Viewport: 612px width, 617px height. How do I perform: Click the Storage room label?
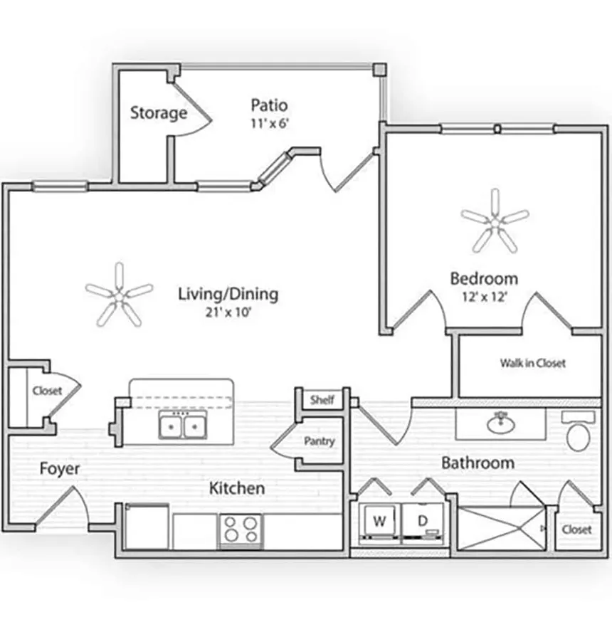click(158, 112)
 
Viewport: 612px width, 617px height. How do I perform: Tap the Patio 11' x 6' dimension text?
click(269, 123)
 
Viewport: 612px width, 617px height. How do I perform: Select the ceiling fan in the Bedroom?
click(495, 221)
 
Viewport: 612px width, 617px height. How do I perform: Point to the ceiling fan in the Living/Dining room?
click(119, 293)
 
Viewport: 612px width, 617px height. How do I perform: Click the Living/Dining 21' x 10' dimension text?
click(228, 311)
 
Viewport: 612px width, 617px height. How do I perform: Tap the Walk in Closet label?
click(532, 363)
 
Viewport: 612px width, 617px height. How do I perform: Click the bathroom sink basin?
click(501, 424)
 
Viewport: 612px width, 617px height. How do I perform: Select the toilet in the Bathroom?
click(579, 433)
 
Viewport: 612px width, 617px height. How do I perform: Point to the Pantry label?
click(319, 441)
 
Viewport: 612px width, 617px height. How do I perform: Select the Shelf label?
click(322, 400)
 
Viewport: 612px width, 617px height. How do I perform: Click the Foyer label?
click(59, 469)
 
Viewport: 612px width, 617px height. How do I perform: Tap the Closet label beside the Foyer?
click(47, 391)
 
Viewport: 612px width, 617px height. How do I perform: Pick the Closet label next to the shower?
click(576, 529)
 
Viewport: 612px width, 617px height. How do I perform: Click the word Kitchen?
click(237, 488)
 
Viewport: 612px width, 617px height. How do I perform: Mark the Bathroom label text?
click(478, 463)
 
